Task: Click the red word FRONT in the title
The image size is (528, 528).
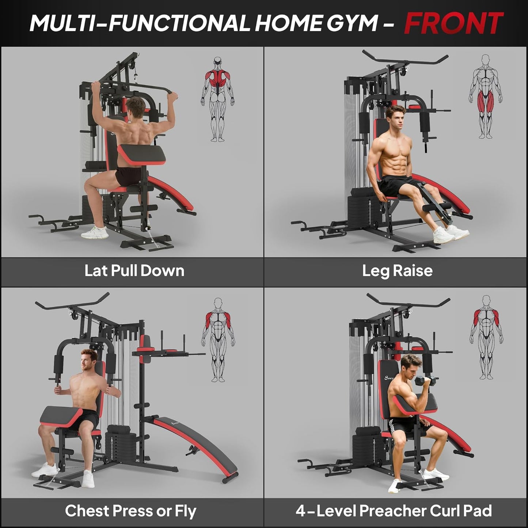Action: pos(453,23)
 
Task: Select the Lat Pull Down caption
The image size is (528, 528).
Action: pos(134,271)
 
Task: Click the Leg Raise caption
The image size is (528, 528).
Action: pos(397,271)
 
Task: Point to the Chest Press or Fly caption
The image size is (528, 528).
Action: pos(130,511)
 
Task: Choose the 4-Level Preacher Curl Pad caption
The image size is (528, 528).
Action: pos(394,511)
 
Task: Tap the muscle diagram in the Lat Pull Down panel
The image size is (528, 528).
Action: pos(217,99)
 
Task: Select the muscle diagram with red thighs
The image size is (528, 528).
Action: pos(485,97)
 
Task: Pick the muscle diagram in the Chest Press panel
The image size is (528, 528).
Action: pos(218,340)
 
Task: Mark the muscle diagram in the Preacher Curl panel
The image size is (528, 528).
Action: pos(486,337)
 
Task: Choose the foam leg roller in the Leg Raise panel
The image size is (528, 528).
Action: pos(437,208)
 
